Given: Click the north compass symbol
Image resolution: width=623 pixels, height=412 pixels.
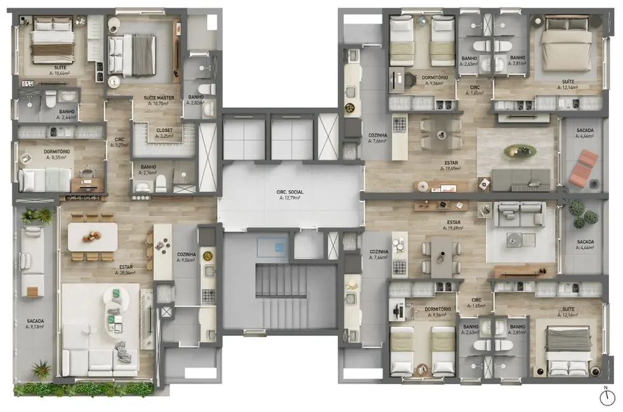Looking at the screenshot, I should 608,397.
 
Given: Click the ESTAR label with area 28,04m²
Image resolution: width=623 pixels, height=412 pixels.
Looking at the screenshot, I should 124,268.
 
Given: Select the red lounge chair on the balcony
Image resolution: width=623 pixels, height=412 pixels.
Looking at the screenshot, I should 583,168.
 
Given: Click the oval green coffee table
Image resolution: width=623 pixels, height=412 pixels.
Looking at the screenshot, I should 520,151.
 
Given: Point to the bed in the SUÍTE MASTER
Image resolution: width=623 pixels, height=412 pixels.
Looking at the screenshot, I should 132,55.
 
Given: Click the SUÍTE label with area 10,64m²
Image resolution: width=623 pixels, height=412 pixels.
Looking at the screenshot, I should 59,70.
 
